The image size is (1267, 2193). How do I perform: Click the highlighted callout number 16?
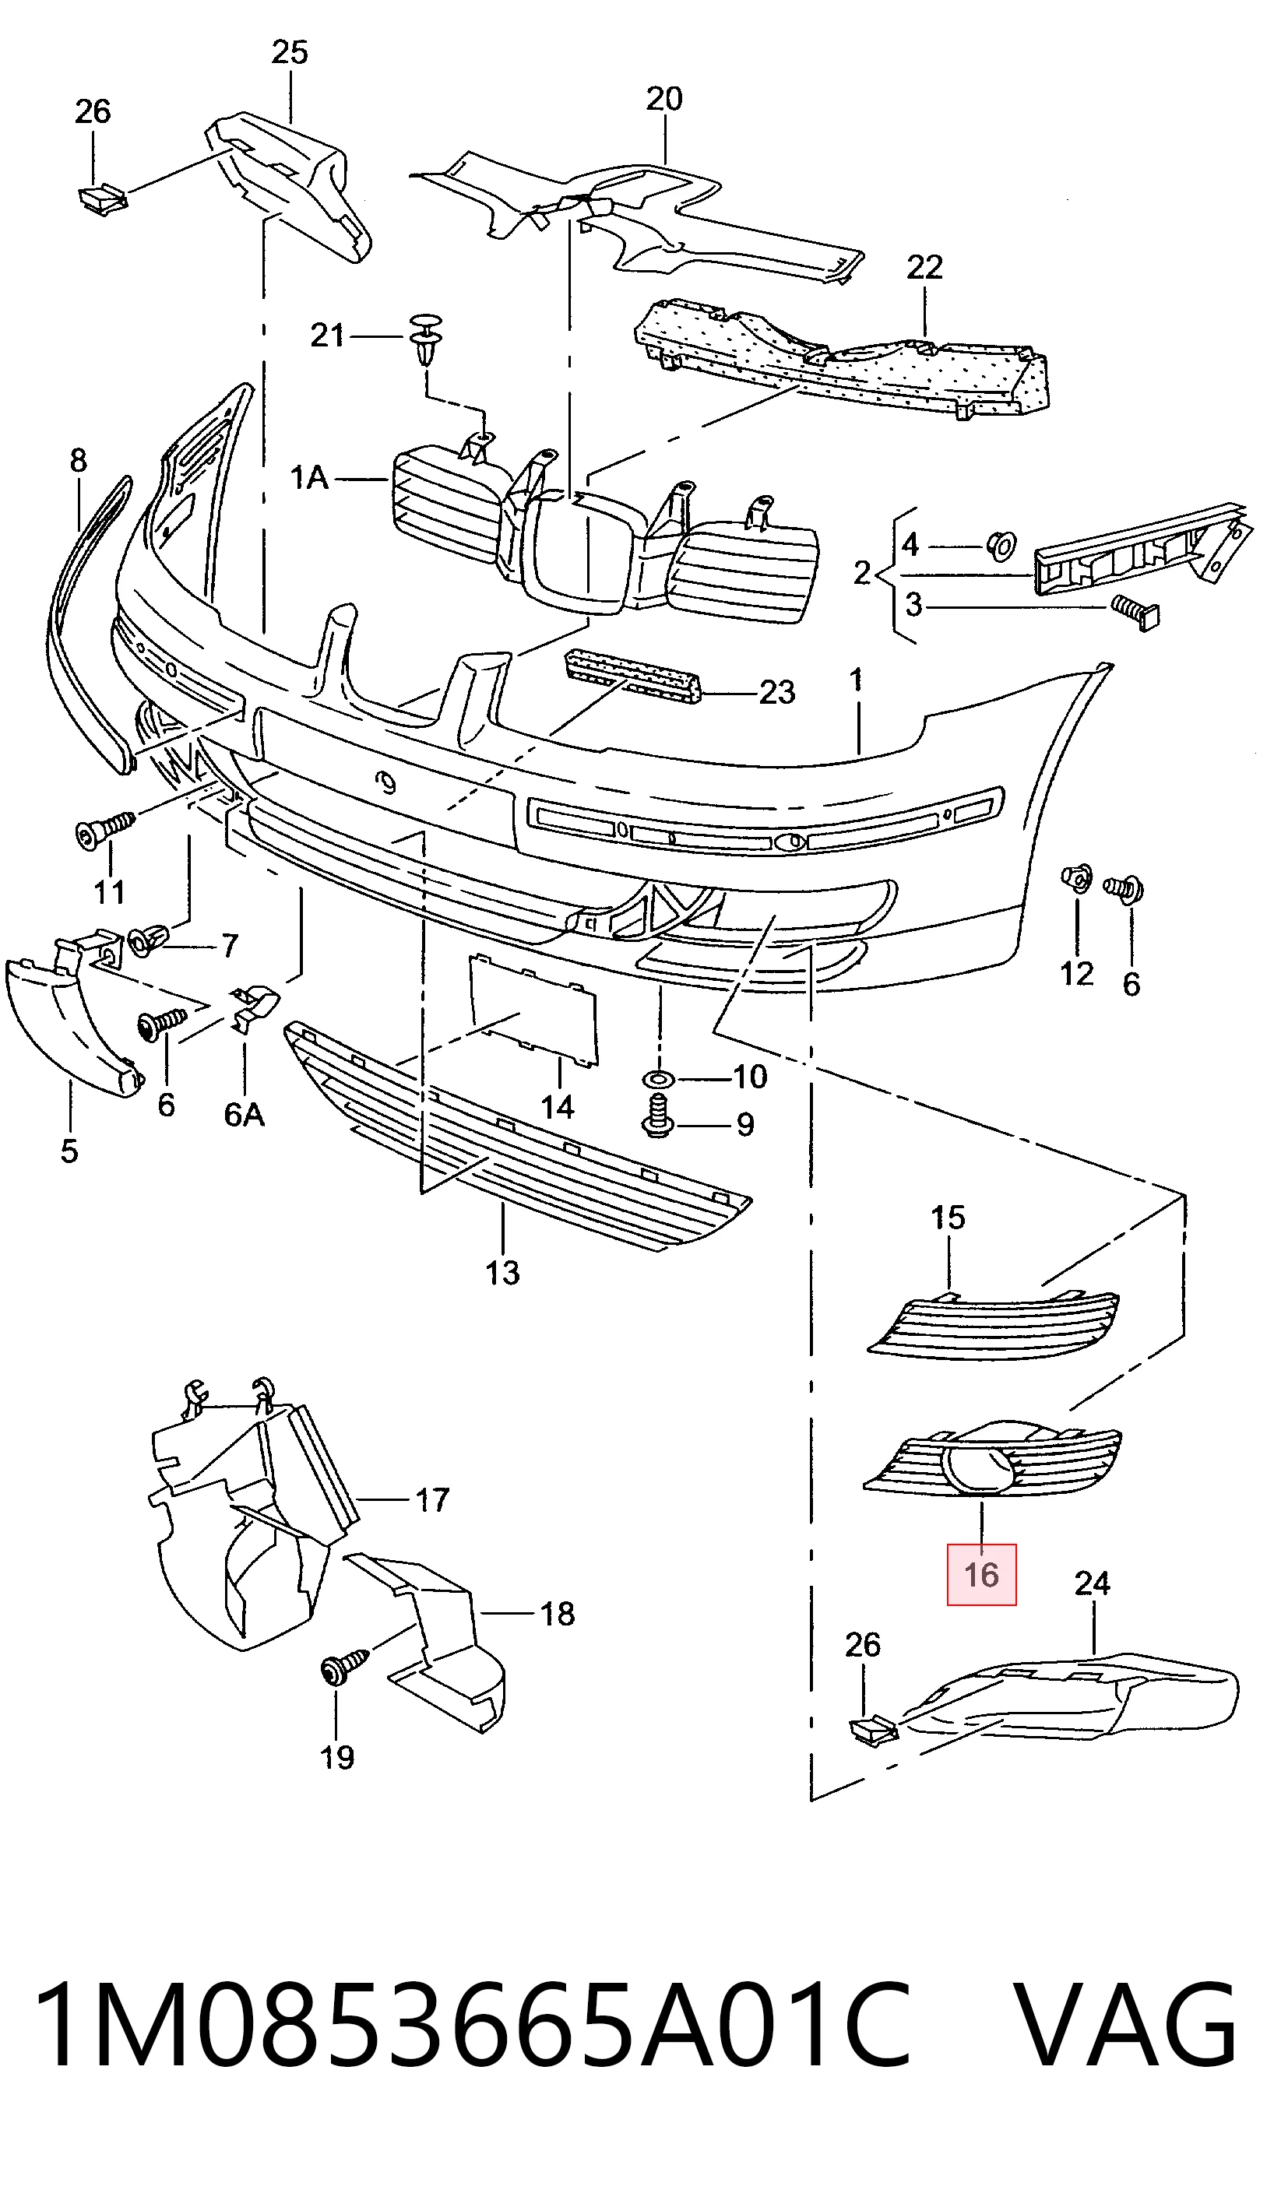[x=981, y=1575]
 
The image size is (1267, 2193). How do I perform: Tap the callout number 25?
[x=289, y=53]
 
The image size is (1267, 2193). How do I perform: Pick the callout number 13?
[x=502, y=1273]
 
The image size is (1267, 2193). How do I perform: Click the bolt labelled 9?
[x=659, y=1118]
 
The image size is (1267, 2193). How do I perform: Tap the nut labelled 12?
[x=1076, y=880]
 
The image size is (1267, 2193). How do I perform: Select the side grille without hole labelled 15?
[x=994, y=1326]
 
